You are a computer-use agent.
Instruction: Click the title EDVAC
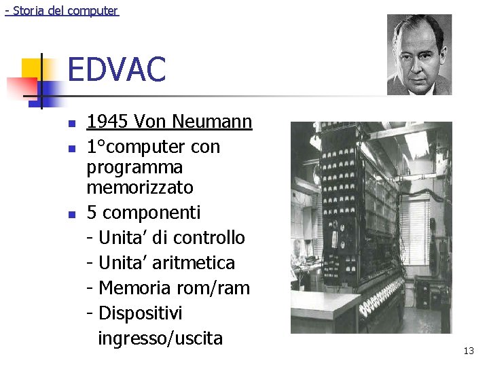pyautogui.click(x=117, y=70)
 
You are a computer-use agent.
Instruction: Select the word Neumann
pyautogui.click(x=213, y=122)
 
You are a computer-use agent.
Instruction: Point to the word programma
pyautogui.click(x=134, y=167)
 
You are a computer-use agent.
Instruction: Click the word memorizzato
pyautogui.click(x=140, y=187)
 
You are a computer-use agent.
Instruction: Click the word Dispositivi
pyautogui.click(x=141, y=313)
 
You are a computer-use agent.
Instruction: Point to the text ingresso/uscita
pyautogui.click(x=160, y=338)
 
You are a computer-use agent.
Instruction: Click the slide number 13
pyautogui.click(x=469, y=351)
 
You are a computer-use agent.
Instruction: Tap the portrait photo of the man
pyautogui.click(x=419, y=54)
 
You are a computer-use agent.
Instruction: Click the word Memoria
pyautogui.click(x=134, y=288)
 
